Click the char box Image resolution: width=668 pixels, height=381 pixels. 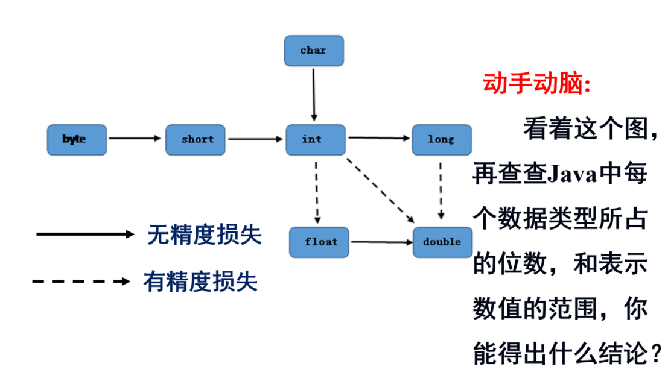[314, 51]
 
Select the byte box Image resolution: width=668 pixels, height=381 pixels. [77, 139]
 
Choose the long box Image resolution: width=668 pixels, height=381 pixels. [441, 139]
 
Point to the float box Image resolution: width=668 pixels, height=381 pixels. [319, 242]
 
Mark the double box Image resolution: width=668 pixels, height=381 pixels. [442, 242]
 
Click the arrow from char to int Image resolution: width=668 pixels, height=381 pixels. [314, 93]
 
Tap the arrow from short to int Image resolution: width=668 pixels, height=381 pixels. [255, 139]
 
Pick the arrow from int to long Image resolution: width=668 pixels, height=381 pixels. [379, 138]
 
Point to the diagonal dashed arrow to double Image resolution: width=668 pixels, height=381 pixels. [380, 190]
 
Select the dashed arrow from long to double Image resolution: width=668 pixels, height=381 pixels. [441, 190]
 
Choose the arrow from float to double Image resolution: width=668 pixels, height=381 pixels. [381, 242]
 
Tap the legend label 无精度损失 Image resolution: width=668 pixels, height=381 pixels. [205, 235]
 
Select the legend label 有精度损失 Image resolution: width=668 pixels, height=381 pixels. [200, 281]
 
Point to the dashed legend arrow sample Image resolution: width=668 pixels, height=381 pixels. [81, 281]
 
